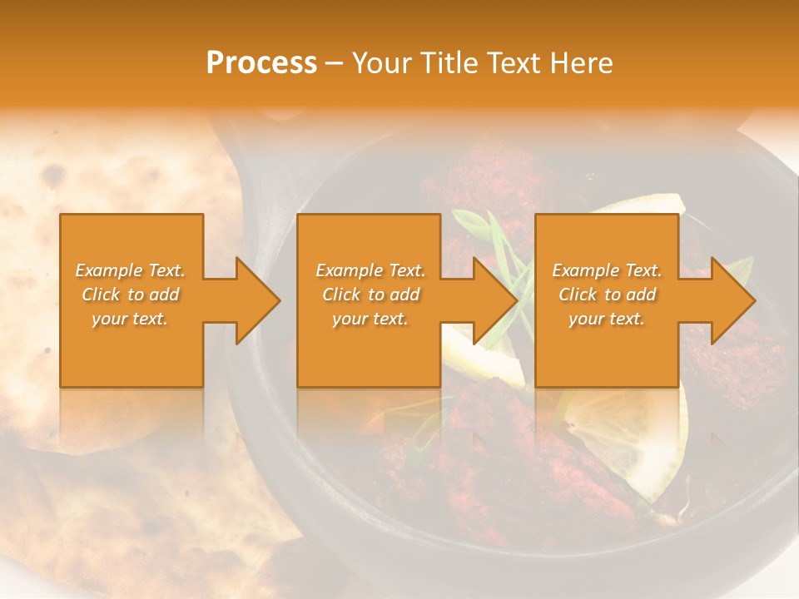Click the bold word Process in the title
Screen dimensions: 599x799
[x=261, y=63]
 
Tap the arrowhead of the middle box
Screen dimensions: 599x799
[x=494, y=300]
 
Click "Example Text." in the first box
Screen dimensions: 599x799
[x=131, y=270]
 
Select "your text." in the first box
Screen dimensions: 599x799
[x=131, y=319]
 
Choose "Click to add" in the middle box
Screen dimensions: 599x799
[x=370, y=295]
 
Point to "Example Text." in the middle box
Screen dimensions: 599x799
[x=370, y=270]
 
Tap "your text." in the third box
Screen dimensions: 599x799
[x=607, y=319]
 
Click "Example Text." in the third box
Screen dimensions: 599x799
[x=607, y=270]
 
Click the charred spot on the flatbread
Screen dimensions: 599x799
[x=54, y=175]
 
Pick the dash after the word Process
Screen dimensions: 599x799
[x=334, y=64]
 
